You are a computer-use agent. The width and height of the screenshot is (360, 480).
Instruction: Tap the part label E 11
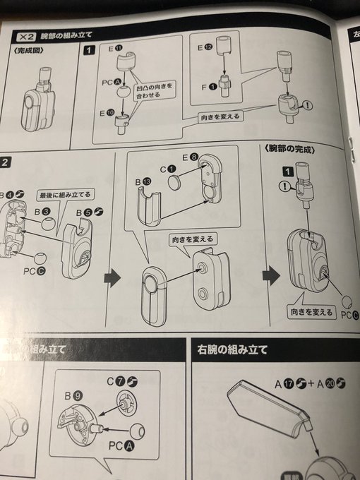pos(116,49)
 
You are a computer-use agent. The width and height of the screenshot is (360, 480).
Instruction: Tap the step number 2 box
pos(5,162)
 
